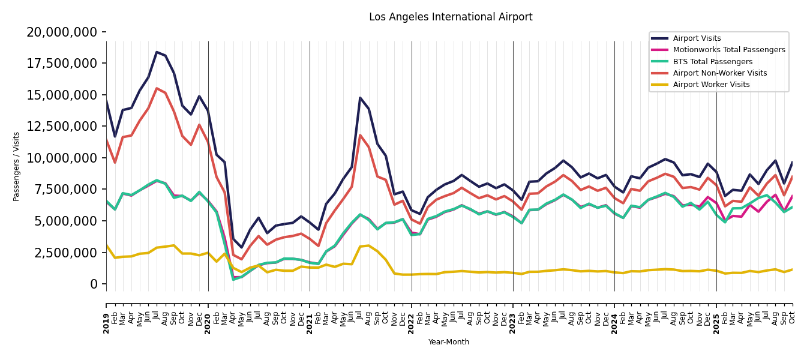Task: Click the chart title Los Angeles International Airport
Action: point(451,17)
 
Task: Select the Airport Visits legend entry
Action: point(697,38)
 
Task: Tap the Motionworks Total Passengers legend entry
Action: point(728,50)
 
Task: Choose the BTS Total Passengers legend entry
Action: point(712,62)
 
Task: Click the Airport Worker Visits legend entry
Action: point(711,85)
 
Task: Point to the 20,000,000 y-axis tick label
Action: point(62,32)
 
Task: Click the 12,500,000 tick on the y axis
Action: point(62,126)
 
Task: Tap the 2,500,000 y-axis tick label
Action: point(66,253)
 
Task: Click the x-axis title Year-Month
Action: point(449,342)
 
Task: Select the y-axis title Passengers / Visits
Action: point(17,166)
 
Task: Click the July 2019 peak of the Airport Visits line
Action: point(157,52)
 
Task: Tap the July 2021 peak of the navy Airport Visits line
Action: point(360,98)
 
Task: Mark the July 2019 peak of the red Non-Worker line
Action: point(157,88)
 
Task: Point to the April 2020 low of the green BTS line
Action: point(233,279)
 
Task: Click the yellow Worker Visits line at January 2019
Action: point(107,245)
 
